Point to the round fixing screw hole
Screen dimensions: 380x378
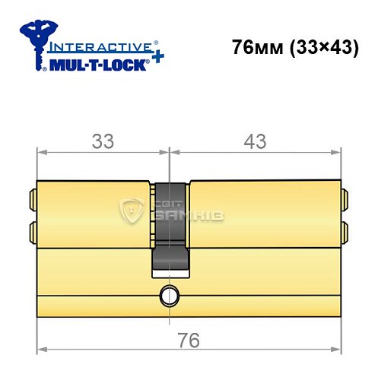point(167,294)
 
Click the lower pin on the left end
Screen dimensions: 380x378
point(33,230)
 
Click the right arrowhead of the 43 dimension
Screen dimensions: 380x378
point(335,153)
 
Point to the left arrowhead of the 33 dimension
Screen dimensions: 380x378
point(42,153)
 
